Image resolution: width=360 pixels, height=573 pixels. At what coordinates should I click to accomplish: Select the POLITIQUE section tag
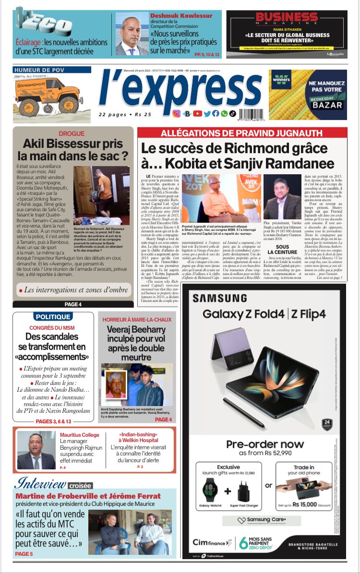tap(53, 317)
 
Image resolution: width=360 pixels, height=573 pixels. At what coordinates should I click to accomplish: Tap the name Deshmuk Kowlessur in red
tap(181, 16)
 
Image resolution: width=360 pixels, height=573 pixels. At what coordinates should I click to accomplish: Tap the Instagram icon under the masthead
tap(176, 114)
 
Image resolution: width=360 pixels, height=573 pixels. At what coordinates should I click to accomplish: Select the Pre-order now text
tap(265, 444)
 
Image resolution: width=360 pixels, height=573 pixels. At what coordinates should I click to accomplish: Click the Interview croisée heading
tap(53, 483)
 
